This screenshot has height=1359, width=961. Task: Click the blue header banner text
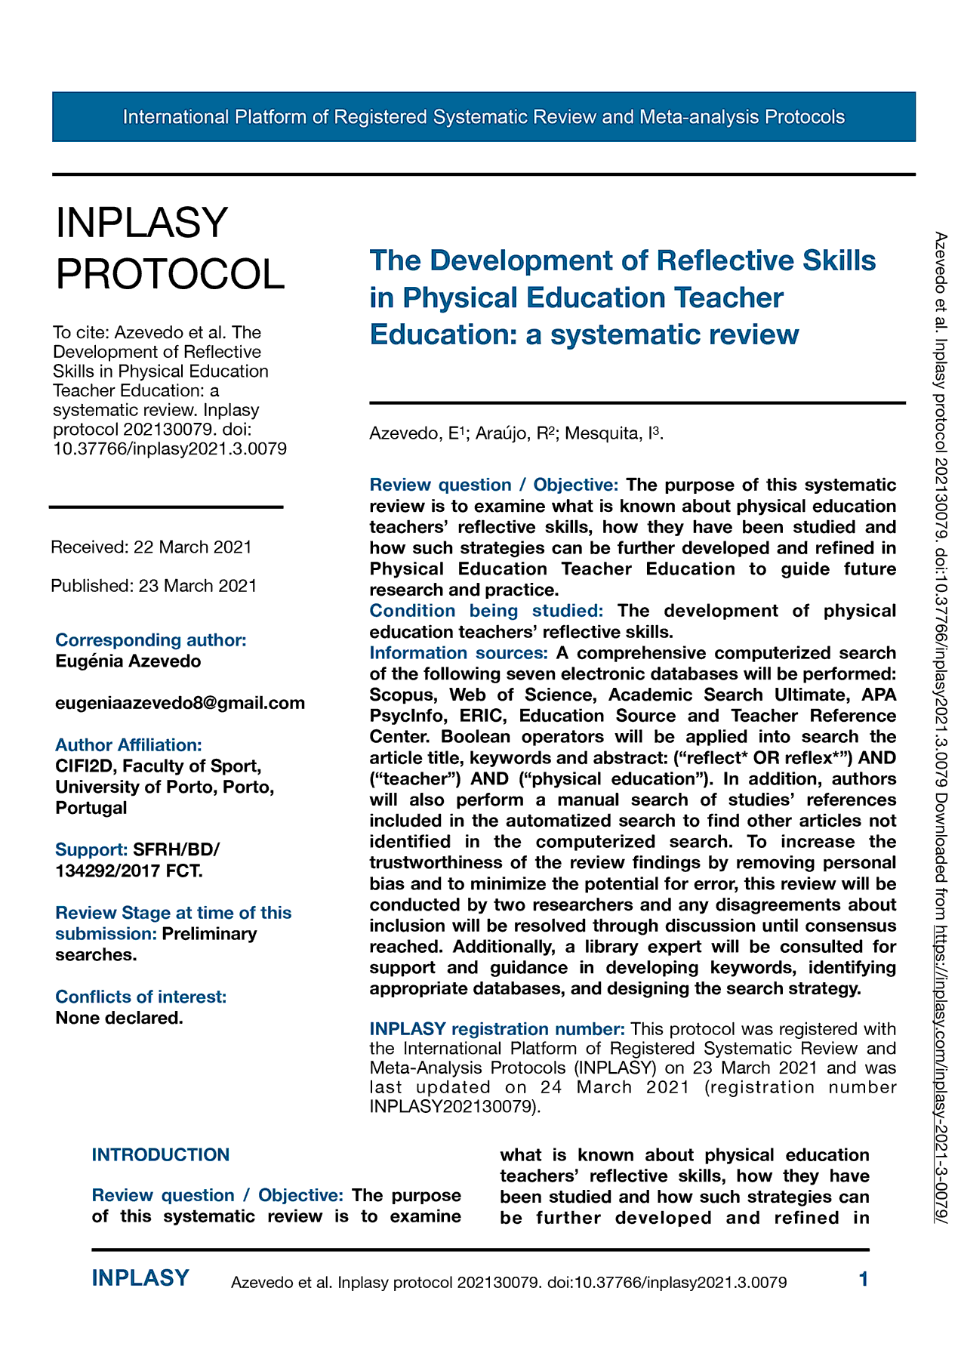(x=483, y=117)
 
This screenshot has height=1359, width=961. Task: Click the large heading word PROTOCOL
(x=171, y=273)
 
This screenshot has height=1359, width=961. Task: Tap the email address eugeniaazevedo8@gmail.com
(x=180, y=703)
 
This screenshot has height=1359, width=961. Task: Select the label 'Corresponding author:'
(x=151, y=640)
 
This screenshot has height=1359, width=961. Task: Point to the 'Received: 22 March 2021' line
(x=151, y=547)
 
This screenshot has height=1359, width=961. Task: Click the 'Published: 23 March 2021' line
(x=154, y=586)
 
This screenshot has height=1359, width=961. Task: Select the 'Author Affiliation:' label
(x=128, y=745)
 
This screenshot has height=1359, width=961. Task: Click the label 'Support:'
(x=91, y=849)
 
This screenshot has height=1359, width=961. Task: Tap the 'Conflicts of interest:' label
(x=141, y=997)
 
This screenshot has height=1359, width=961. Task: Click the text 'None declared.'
(x=119, y=1018)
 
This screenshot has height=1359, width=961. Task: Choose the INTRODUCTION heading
(x=160, y=1154)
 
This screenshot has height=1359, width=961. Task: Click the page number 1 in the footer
(x=864, y=1279)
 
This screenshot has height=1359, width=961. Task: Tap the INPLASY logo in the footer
(x=140, y=1278)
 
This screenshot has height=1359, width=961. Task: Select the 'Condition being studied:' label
(x=486, y=611)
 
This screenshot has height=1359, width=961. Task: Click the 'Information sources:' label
(x=458, y=652)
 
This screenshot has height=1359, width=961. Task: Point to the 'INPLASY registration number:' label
(x=497, y=1029)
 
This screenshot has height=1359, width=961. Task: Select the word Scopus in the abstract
(x=402, y=695)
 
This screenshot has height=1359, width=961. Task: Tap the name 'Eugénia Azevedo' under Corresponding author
(x=128, y=661)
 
